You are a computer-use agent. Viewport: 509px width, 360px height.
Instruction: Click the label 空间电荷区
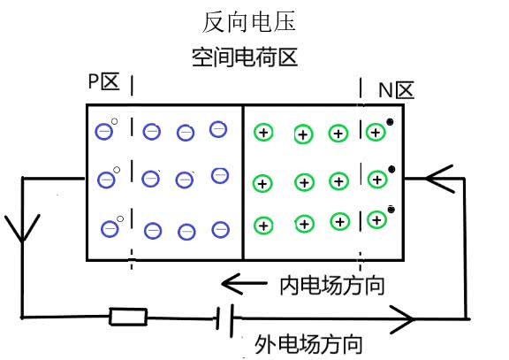244,58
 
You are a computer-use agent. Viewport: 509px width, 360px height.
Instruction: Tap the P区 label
103,82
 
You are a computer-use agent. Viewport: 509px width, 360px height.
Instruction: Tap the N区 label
396,89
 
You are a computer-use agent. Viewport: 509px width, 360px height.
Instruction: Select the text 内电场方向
332,285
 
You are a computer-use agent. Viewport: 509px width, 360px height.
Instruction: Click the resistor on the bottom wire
127,316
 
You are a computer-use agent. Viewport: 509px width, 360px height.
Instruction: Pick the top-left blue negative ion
105,131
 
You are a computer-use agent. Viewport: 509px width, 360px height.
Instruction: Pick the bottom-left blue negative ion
110,228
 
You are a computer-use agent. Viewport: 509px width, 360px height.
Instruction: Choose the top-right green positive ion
376,133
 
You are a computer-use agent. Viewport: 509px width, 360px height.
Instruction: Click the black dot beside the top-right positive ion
390,124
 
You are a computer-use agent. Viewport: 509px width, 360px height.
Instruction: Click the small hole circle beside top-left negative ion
115,121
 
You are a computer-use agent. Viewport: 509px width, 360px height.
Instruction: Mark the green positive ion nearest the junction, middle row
262,184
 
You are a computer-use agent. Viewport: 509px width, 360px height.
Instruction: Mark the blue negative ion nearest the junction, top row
218,130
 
